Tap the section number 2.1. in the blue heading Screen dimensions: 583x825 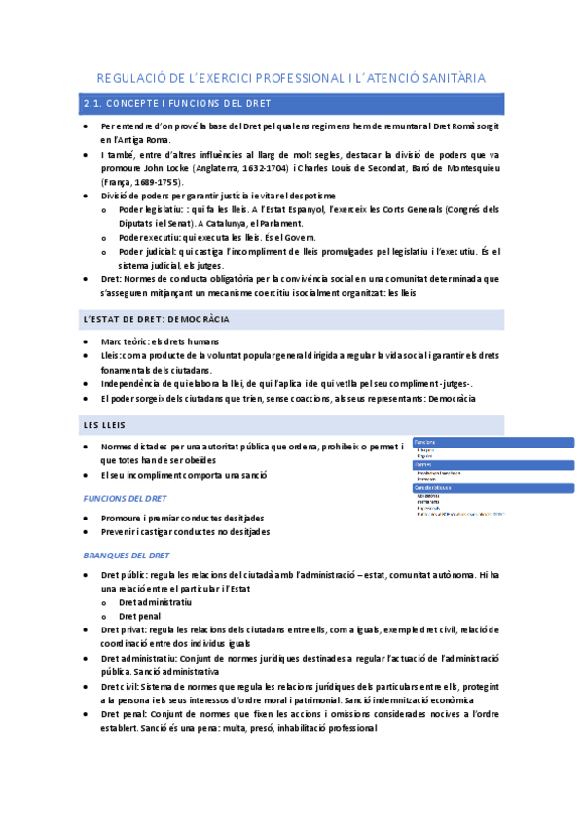tap(95, 103)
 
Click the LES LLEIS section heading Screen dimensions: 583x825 tap(104, 425)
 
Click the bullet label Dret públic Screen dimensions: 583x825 tap(127, 575)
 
